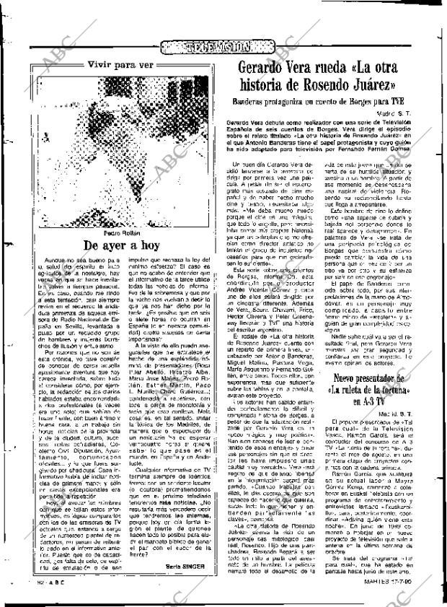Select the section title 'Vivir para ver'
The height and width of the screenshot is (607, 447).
(120, 64)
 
